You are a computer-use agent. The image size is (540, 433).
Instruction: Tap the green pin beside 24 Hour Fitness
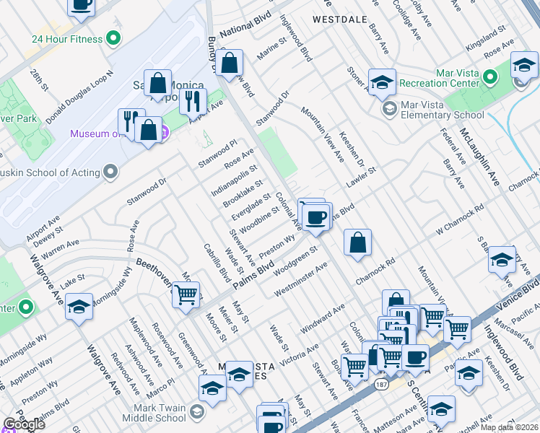[113, 38]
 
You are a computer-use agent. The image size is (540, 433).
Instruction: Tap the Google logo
[25, 424]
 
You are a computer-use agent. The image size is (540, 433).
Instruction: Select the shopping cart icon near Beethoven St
[186, 294]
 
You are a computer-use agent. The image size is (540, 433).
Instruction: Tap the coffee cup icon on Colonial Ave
[316, 216]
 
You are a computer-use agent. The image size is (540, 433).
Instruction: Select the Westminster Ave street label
[301, 279]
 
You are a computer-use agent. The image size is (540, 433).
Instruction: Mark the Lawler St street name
[362, 178]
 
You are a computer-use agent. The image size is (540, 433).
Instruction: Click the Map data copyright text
[509, 427]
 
